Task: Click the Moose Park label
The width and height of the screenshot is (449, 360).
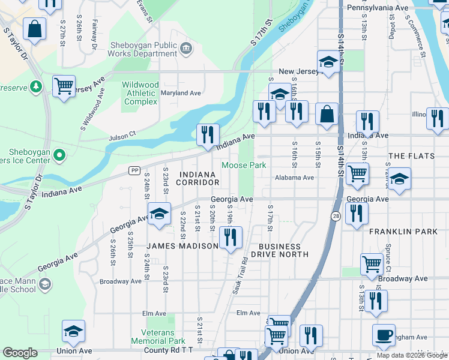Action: click(x=244, y=165)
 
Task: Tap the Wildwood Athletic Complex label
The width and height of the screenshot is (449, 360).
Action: click(x=140, y=94)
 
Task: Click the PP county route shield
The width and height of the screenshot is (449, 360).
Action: click(x=134, y=170)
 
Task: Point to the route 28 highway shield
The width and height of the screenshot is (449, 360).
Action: click(x=335, y=215)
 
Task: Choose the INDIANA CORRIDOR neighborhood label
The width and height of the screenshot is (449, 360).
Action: click(x=197, y=178)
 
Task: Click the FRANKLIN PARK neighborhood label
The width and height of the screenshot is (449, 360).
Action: click(x=400, y=231)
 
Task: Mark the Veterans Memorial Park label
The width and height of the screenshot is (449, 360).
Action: click(x=158, y=337)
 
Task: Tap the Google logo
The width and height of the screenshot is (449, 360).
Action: click(x=20, y=353)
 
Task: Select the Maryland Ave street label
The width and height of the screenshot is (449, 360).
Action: click(x=181, y=93)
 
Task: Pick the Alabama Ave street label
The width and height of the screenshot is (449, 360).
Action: click(x=294, y=178)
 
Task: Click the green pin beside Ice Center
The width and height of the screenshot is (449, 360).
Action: click(x=59, y=156)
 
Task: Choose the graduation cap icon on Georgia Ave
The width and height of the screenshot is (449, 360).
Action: click(x=159, y=214)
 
